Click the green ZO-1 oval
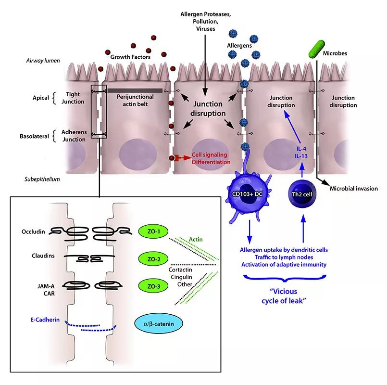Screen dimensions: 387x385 click(153, 231)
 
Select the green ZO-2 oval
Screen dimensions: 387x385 click(153, 259)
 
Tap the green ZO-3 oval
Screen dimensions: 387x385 click(153, 286)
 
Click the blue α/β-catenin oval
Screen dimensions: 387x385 click(159, 324)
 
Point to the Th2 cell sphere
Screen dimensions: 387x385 click(302, 194)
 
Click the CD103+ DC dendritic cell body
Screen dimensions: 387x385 click(248, 194)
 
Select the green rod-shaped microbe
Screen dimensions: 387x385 click(317, 49)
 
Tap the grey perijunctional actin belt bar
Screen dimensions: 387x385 click(135, 90)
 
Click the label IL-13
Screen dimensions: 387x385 click(301, 156)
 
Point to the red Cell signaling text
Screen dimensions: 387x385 click(210, 154)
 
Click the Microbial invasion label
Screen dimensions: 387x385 click(354, 189)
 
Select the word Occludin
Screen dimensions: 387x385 click(33, 231)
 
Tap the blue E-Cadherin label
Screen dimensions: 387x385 click(45, 320)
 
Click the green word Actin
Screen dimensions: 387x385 click(196, 239)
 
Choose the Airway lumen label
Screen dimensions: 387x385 click(43, 61)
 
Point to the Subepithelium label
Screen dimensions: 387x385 click(42, 179)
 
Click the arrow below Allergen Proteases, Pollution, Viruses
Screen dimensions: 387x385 click(205, 65)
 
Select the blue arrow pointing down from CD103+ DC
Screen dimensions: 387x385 click(250, 231)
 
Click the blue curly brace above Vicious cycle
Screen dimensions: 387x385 click(285, 279)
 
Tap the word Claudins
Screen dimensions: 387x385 click(43, 256)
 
